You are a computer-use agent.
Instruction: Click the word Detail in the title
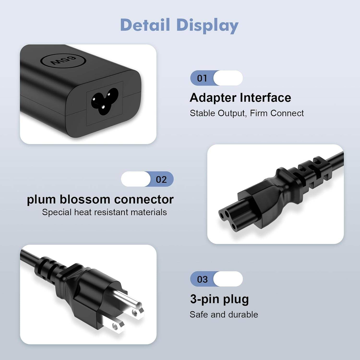pyautogui.click(x=145, y=25)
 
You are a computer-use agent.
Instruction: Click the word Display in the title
pyautogui.click(x=207, y=25)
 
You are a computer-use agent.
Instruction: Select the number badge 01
pyautogui.click(x=202, y=78)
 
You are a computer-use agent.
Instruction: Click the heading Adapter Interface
pyautogui.click(x=240, y=97)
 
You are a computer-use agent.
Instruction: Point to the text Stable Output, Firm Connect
pyautogui.click(x=246, y=113)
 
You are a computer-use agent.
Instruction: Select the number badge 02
pyautogui.click(x=161, y=179)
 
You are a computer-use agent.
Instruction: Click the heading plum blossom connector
pyautogui.click(x=100, y=199)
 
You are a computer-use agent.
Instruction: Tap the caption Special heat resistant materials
pyautogui.click(x=104, y=212)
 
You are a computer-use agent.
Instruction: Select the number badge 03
pyautogui.click(x=202, y=279)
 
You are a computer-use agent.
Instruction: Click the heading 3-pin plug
pyautogui.click(x=219, y=299)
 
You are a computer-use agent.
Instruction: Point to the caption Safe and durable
pyautogui.click(x=223, y=314)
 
